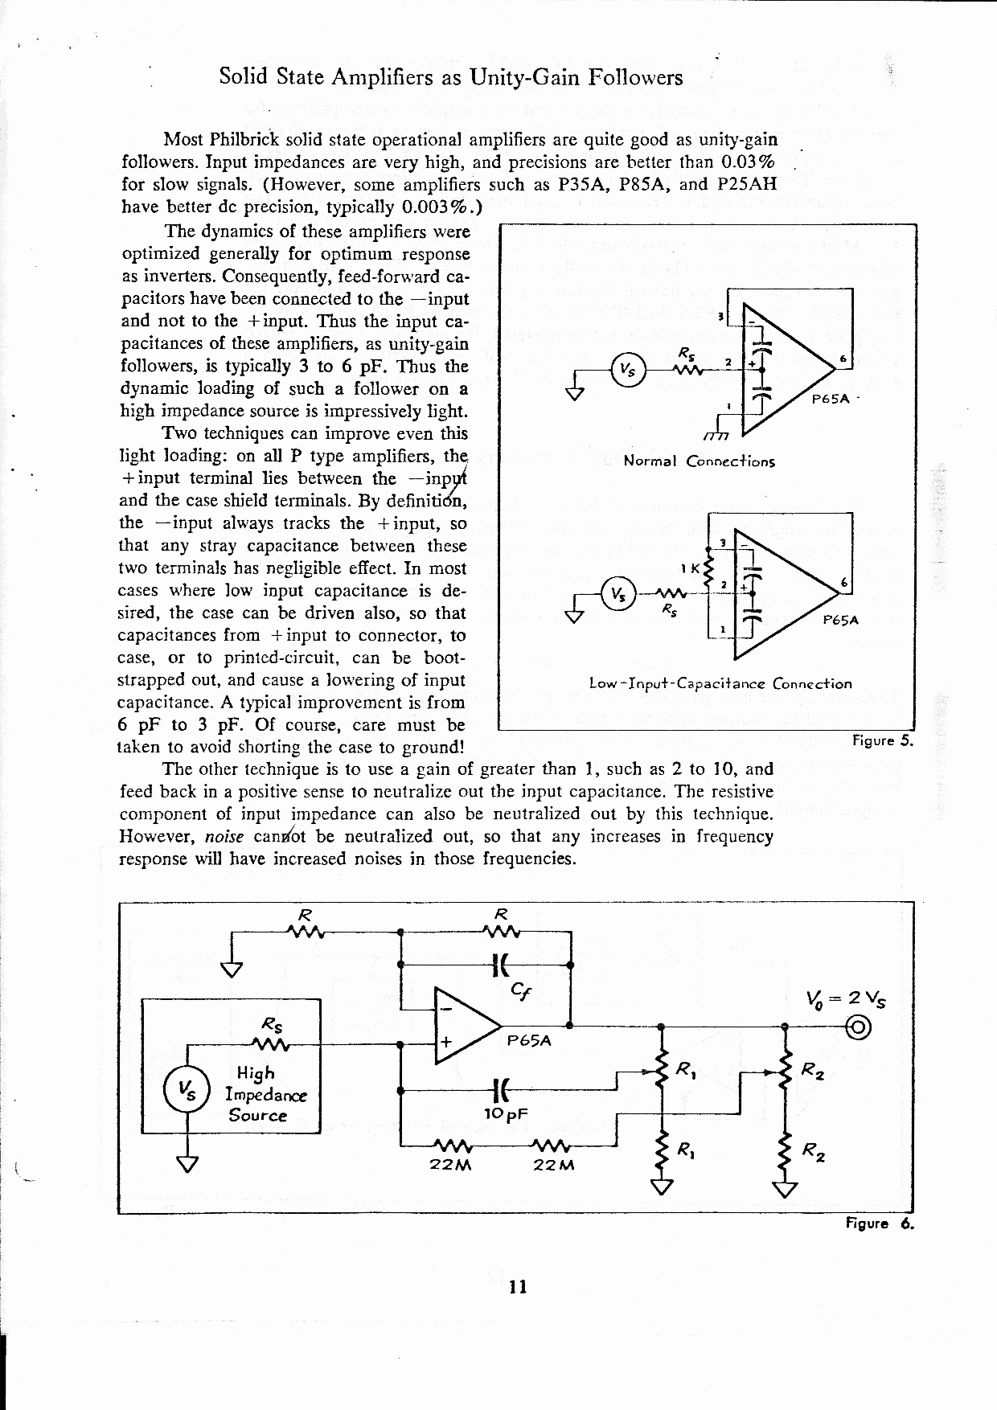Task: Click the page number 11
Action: [x=517, y=1287]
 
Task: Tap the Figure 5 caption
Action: [x=881, y=740]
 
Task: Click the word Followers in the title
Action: [x=635, y=77]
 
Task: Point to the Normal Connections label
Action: [x=699, y=461]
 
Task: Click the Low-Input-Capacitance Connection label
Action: [x=720, y=684]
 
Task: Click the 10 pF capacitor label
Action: [x=505, y=1113]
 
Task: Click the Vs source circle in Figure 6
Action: [x=187, y=1090]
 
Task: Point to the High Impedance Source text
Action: [x=256, y=1094]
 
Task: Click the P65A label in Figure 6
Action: [x=529, y=1040]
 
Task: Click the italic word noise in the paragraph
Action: [x=224, y=837]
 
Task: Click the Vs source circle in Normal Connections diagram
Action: [x=626, y=371]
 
